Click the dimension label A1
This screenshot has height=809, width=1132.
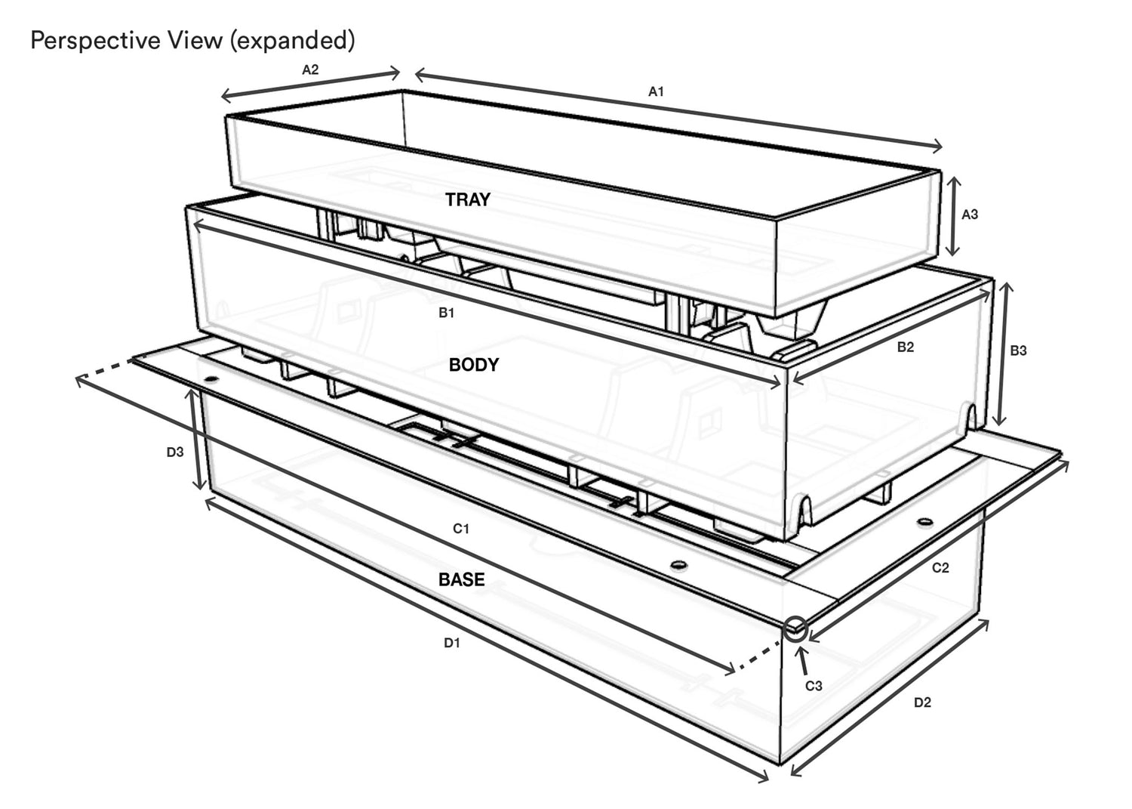[656, 91]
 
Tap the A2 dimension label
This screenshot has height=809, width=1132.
[310, 69]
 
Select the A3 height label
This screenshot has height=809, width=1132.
[969, 215]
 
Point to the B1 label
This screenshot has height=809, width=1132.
[446, 313]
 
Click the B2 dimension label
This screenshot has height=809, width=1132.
[905, 347]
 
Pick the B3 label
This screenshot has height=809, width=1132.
[1018, 350]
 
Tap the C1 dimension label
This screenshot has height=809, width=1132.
[461, 529]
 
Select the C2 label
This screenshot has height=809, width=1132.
[940, 568]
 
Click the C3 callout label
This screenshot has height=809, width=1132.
[814, 686]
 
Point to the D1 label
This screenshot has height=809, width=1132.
[452, 643]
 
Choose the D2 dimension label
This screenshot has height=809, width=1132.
[922, 702]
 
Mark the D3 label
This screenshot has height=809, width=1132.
[175, 452]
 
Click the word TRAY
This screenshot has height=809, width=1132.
[467, 200]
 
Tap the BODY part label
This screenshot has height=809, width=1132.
[473, 365]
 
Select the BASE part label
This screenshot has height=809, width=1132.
[461, 579]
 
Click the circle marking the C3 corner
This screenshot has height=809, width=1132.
[795, 630]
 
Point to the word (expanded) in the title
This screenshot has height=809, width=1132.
[292, 41]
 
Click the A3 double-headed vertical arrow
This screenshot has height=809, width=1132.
[952, 216]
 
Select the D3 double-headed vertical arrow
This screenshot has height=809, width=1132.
[196, 439]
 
